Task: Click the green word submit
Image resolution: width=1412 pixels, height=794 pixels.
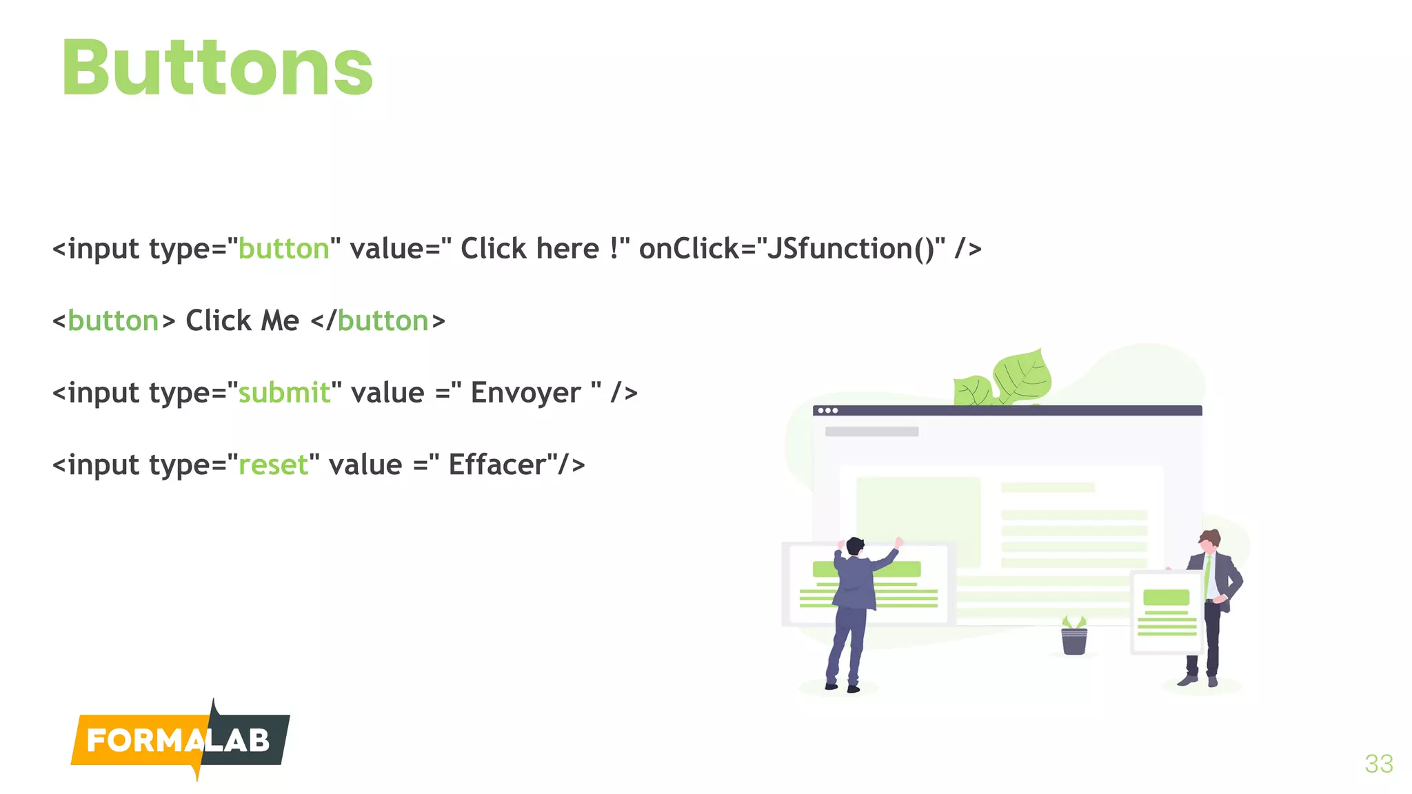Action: click(x=284, y=393)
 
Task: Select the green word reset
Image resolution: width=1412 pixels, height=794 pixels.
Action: click(x=273, y=465)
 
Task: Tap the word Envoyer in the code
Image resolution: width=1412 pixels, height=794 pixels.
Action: click(x=525, y=393)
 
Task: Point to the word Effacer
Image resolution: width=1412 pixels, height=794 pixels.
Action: click(x=497, y=465)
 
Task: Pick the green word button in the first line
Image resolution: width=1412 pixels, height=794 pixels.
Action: click(x=283, y=249)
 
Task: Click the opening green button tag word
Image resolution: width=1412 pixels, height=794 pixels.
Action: click(x=113, y=321)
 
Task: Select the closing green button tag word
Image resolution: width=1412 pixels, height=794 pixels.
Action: click(x=383, y=321)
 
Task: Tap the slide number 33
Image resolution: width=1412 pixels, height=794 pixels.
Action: click(x=1378, y=764)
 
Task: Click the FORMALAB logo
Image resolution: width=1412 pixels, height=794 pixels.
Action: click(x=179, y=741)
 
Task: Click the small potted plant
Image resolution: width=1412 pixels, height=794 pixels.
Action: click(x=1073, y=637)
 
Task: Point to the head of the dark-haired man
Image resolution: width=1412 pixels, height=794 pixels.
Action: click(x=855, y=547)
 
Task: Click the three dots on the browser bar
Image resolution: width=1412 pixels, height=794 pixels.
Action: click(x=827, y=411)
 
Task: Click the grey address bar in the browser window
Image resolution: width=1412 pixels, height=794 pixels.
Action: click(x=871, y=431)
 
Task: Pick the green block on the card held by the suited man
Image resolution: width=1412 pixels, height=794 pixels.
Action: click(x=1166, y=597)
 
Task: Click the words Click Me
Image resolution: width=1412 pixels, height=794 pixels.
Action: click(x=242, y=321)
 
